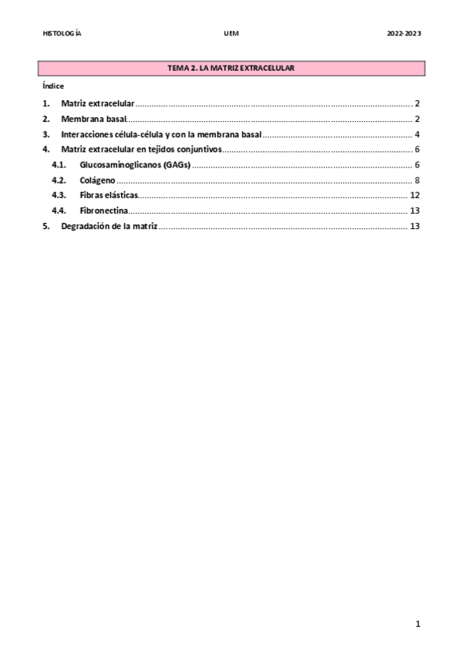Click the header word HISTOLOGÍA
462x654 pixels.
pos(62,34)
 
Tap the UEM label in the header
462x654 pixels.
pos(231,34)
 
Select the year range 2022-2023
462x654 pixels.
pos(403,34)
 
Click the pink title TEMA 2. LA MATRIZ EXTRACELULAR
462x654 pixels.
pos(231,69)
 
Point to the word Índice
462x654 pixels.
pos(53,86)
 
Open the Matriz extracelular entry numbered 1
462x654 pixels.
pos(97,103)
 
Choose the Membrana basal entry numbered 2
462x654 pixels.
pos(93,119)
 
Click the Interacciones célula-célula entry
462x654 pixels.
pos(160,134)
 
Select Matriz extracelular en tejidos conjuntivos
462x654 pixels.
pos(140,150)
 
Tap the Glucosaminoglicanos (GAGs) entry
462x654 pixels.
pos(134,165)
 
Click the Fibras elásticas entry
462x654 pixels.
pos(108,195)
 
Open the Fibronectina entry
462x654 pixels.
pos(103,211)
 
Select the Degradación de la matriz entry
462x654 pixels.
pos(109,226)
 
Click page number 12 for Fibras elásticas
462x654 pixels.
pos(414,195)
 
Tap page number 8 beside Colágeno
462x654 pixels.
pos(416,180)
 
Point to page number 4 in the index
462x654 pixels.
pos(416,134)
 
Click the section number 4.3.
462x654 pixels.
pos(59,195)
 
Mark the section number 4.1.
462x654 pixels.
pos(59,165)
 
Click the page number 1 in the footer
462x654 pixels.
pos(417,625)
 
